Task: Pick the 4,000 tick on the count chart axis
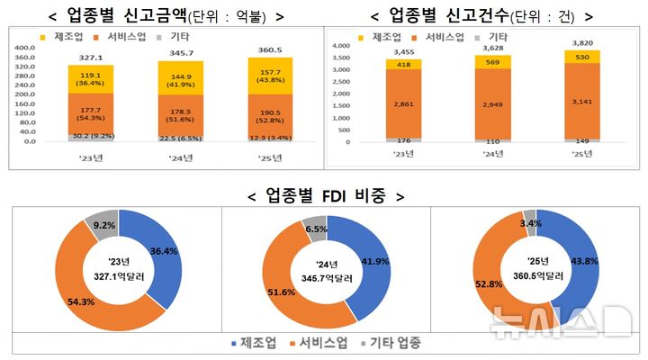point(345,44)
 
